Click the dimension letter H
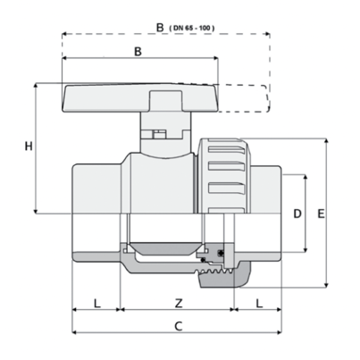pos(29,147)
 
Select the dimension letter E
pos(321,213)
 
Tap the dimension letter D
pos(297,213)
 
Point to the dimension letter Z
pos(179,304)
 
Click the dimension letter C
pos(178,326)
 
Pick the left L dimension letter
pos(97,304)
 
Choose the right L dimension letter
pos(259,304)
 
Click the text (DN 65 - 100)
pos(191,29)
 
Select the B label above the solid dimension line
pos(138,52)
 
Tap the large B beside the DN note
pos(160,28)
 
